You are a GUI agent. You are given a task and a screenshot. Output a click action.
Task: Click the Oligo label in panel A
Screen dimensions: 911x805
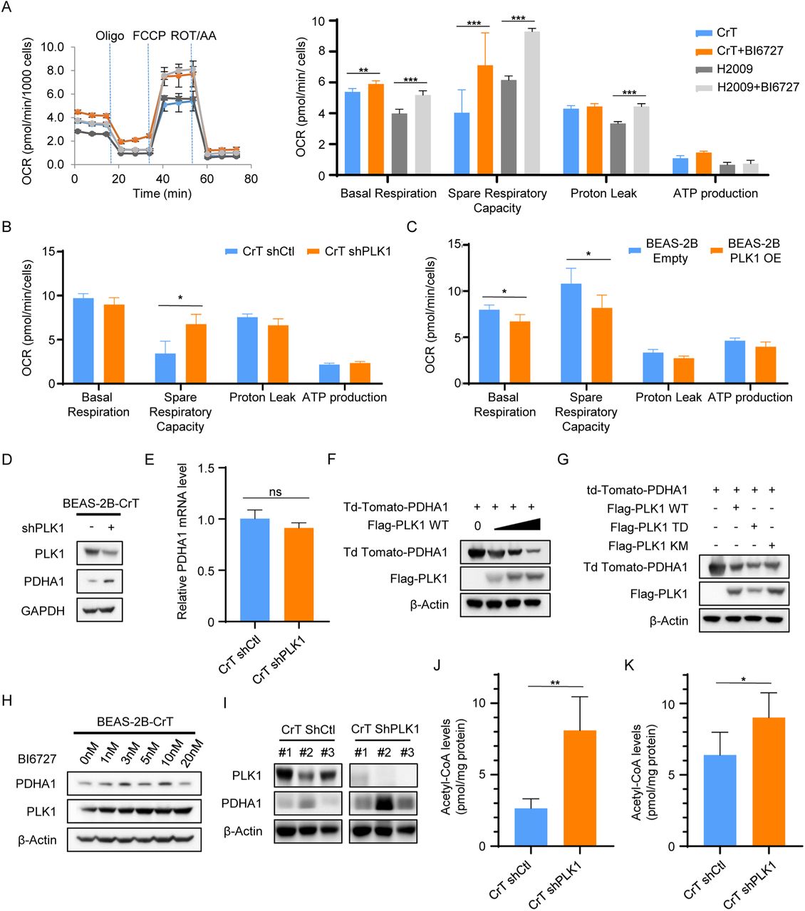[x=110, y=36]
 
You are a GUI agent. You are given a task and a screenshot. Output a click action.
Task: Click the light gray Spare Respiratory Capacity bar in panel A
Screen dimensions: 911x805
[x=532, y=103]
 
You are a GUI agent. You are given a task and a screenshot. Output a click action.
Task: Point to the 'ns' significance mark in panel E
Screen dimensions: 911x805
[x=276, y=492]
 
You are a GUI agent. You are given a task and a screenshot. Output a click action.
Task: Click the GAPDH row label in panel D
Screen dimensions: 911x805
[x=43, y=611]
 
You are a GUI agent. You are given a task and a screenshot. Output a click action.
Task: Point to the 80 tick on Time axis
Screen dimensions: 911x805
[x=251, y=179]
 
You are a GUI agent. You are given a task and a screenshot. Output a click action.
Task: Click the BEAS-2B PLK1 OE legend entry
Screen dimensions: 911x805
[x=754, y=251]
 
